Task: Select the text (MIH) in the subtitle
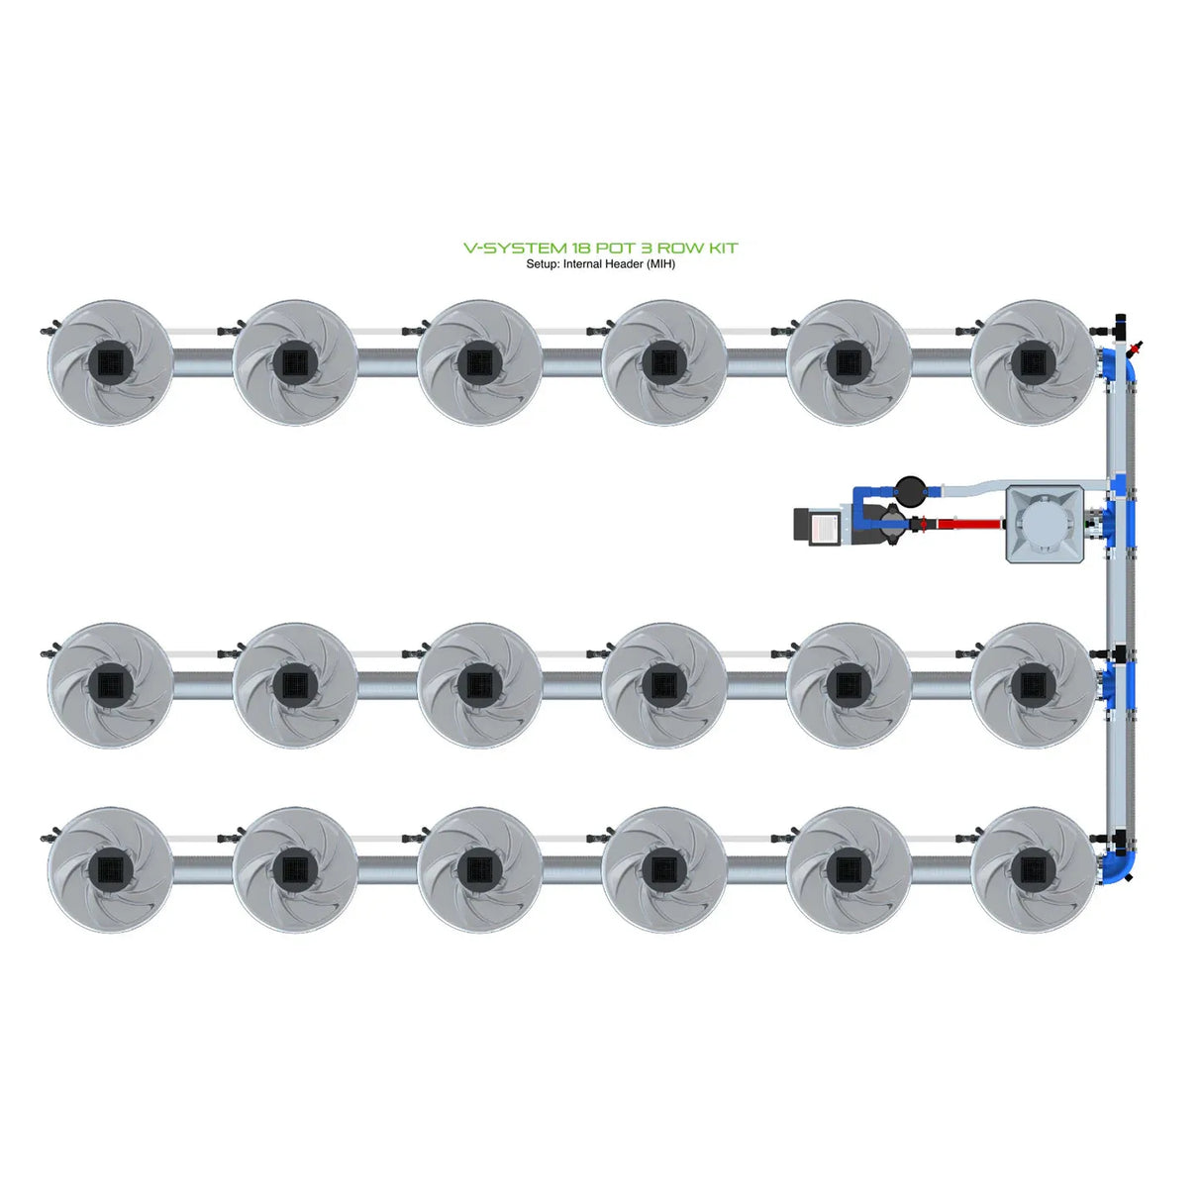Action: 660,264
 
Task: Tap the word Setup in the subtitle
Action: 542,264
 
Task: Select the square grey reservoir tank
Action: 1046,524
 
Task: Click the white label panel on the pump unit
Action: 825,525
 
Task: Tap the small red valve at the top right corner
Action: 1137,349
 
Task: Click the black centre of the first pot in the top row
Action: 110,362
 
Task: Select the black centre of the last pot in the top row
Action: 1033,362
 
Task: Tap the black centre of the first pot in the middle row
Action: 110,684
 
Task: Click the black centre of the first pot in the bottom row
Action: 110,868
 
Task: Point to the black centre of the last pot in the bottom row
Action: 1033,868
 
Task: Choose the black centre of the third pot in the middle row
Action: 479,684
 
